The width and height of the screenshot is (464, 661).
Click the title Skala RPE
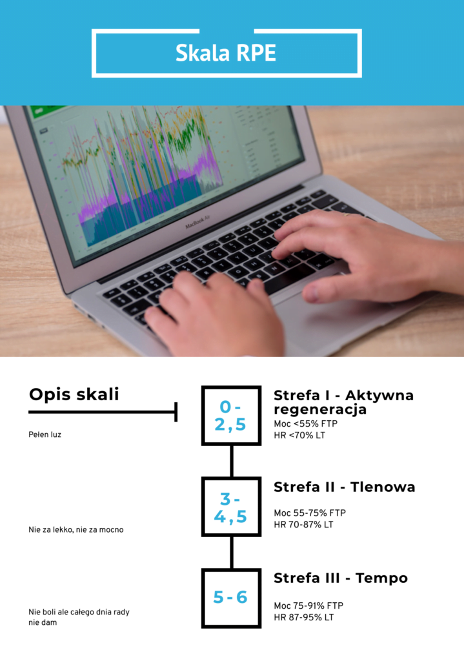tap(226, 53)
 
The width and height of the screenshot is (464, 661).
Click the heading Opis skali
tap(74, 394)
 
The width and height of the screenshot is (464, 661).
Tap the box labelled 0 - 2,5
tap(232, 416)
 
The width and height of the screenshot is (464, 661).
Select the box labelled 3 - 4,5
tap(232, 507)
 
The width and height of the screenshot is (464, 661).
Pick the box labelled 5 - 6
tap(232, 598)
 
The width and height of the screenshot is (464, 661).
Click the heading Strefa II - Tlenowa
tap(345, 487)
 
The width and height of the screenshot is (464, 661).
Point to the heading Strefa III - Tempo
tap(341, 578)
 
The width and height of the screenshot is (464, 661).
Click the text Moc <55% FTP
tap(305, 423)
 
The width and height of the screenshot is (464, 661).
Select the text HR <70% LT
tap(299, 436)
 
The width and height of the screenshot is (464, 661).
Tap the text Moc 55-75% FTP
tap(310, 513)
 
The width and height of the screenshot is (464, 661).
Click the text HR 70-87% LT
tap(303, 525)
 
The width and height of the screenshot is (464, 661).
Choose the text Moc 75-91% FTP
tap(308, 605)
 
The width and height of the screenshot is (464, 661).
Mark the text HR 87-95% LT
tap(303, 618)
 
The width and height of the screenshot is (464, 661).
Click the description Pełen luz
tap(45, 434)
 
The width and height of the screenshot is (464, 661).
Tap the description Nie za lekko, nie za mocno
tap(76, 530)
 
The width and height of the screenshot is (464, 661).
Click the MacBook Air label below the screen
tap(197, 222)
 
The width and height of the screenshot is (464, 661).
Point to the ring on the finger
tap(347, 215)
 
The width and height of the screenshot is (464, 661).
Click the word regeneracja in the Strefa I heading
tap(320, 409)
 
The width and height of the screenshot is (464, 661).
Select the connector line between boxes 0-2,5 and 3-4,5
tap(232, 461)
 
